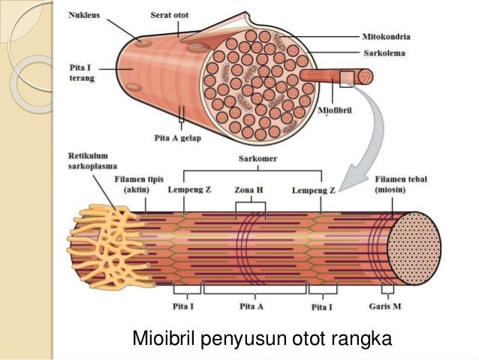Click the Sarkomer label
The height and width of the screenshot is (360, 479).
click(253, 159)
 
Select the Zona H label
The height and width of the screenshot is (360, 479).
click(249, 191)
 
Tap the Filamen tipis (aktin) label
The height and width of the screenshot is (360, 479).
click(137, 186)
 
